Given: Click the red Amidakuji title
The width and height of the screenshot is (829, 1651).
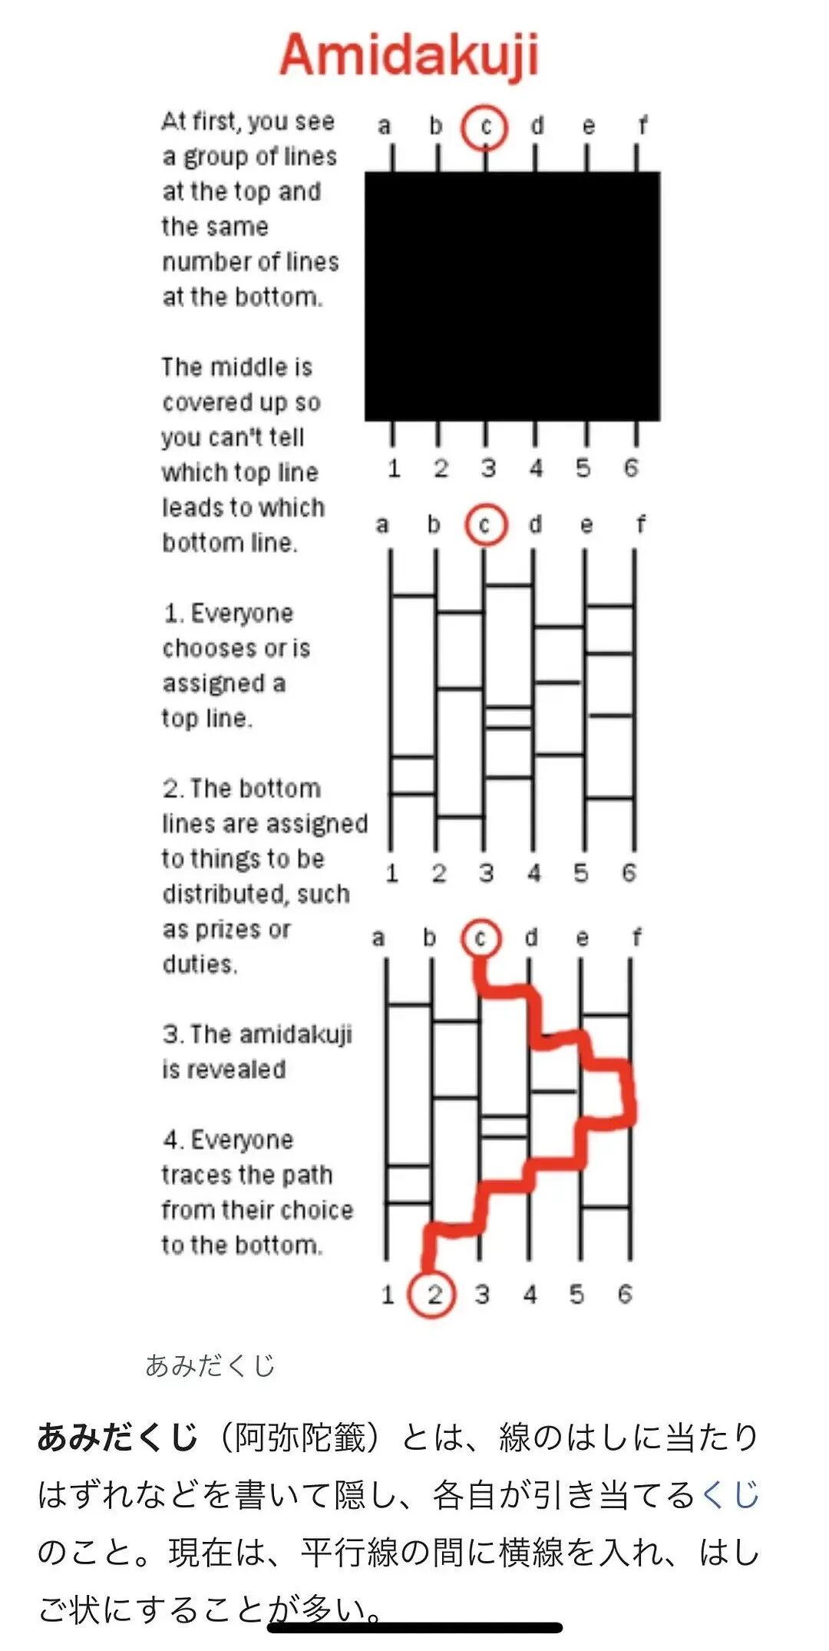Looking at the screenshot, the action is tap(409, 55).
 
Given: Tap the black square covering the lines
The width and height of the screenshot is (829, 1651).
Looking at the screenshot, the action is tap(512, 296).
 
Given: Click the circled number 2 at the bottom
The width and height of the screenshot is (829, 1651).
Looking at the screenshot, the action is tap(432, 1294).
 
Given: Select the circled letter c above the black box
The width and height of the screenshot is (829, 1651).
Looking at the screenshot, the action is tap(484, 127).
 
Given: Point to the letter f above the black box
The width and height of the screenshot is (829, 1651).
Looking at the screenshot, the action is tap(642, 125).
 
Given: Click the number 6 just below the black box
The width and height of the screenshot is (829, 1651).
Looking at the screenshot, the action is tap(630, 467).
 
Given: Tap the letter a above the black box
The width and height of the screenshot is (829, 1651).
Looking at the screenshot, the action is tap(384, 126).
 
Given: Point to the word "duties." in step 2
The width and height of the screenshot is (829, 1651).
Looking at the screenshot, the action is tap(200, 964).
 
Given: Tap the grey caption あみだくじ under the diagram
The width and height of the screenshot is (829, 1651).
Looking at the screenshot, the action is tap(210, 1365).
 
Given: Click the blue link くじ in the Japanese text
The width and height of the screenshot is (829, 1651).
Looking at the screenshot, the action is tap(730, 1494).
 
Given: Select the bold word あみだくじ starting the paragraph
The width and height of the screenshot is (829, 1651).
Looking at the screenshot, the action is tap(118, 1437).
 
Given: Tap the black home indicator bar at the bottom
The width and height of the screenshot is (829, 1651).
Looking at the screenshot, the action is tap(414, 1627).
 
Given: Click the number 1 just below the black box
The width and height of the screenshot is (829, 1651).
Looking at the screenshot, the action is tap(394, 467).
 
